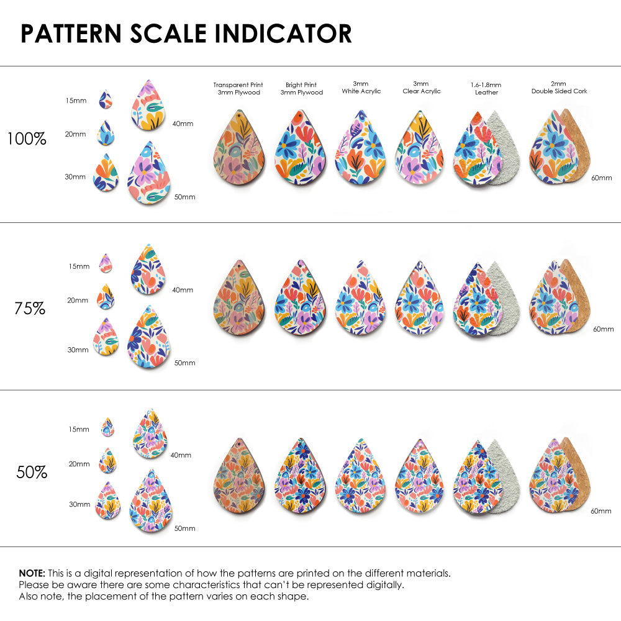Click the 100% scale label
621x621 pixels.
(x=27, y=138)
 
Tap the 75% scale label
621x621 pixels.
(x=30, y=307)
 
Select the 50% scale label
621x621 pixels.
(x=31, y=472)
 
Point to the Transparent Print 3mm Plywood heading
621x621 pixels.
(x=238, y=88)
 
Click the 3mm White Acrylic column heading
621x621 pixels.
(x=361, y=88)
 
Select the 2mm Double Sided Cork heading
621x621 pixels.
(x=559, y=88)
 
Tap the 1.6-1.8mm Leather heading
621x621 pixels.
(x=486, y=88)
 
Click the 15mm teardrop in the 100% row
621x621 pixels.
(x=106, y=99)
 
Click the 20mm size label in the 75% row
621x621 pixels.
(x=78, y=300)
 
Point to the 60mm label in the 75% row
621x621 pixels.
(x=603, y=329)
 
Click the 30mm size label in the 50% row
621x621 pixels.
(x=79, y=504)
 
